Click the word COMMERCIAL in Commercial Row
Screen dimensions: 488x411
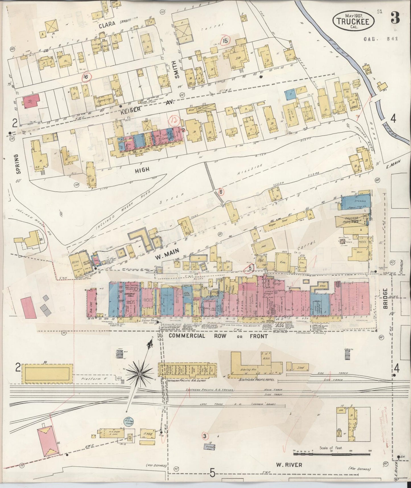[187, 336]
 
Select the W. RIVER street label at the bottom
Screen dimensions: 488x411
[289, 465]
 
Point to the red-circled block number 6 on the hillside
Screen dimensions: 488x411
[221, 192]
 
